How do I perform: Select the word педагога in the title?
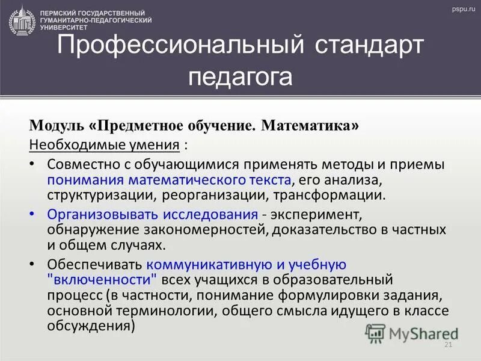[x=240, y=77]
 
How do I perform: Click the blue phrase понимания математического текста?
[x=169, y=179]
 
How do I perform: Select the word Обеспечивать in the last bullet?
[x=94, y=264]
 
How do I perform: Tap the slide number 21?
[x=447, y=345]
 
